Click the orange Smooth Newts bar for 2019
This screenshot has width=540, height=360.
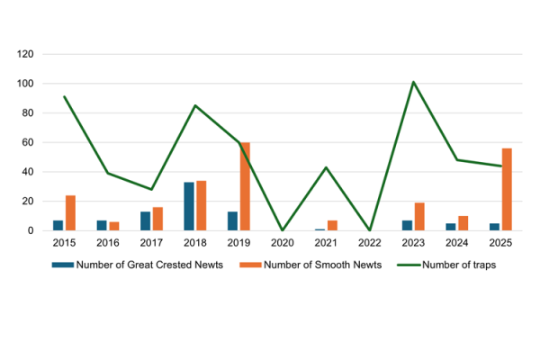point(245,186)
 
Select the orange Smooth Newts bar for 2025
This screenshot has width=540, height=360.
point(507,189)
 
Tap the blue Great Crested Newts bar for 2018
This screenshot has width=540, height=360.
point(189,206)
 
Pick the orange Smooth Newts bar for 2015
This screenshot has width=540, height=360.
point(70,212)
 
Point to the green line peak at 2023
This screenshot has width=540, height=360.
point(413,82)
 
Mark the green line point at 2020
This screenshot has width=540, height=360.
point(283,230)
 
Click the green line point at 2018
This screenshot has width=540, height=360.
point(195,105)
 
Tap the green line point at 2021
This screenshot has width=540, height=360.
point(326,167)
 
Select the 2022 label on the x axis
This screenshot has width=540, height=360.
point(370,244)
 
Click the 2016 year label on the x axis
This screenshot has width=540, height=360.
point(108,244)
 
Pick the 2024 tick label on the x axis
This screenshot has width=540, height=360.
point(456,244)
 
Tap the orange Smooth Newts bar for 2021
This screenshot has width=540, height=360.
point(332,225)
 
